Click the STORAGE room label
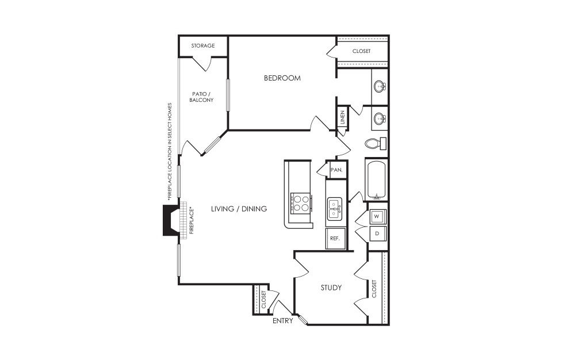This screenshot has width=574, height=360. coord(203,46)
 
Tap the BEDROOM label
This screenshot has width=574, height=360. coord(282,78)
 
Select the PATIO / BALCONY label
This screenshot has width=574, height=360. coord(201,97)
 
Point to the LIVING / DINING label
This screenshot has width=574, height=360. coord(239,209)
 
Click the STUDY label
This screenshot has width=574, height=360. coord(331,288)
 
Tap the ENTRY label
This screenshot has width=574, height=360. coord(283,321)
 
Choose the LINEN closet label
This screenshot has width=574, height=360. coord(343,118)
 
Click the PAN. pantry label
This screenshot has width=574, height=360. coord(336,170)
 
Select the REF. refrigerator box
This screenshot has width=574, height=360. coord(335,238)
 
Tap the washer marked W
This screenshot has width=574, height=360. coord(377,216)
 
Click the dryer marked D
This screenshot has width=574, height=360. coord(377,233)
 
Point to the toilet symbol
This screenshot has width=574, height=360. coord(376,143)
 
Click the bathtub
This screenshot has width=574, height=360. coord(376,179)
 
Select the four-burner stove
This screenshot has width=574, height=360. coord(301,203)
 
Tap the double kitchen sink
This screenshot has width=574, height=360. coord(335,209)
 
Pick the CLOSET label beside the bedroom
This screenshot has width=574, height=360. coord(362,51)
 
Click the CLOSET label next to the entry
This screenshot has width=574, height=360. coord(264,299)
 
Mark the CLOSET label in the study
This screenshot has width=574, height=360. coord(374,289)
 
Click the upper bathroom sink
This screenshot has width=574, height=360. coord(380,87)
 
